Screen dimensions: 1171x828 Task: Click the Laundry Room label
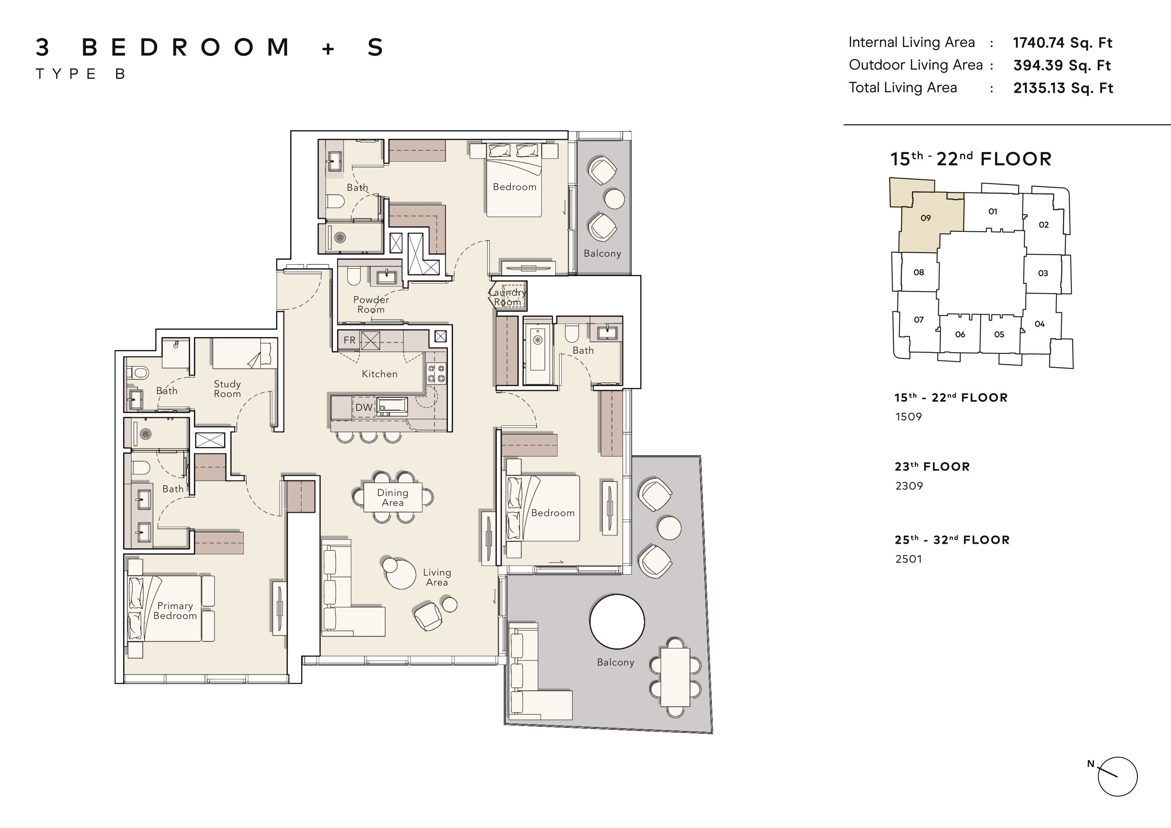pos(508,297)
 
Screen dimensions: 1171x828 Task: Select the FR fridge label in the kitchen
pos(349,340)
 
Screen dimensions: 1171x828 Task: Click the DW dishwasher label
pos(364,407)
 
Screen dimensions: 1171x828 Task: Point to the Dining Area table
pos(393,497)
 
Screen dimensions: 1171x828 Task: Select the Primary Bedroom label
pos(175,611)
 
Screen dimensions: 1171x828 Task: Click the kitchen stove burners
pos(436,373)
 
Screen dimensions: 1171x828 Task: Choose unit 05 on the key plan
pos(999,335)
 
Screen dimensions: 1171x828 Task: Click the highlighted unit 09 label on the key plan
pos(926,218)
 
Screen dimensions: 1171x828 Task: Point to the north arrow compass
pos(1117,776)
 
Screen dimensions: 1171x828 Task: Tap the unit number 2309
pos(909,486)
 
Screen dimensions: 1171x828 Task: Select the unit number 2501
pos(909,559)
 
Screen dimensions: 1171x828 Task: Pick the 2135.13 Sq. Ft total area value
pos(1063,88)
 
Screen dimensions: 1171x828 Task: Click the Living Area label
pos(437,577)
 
